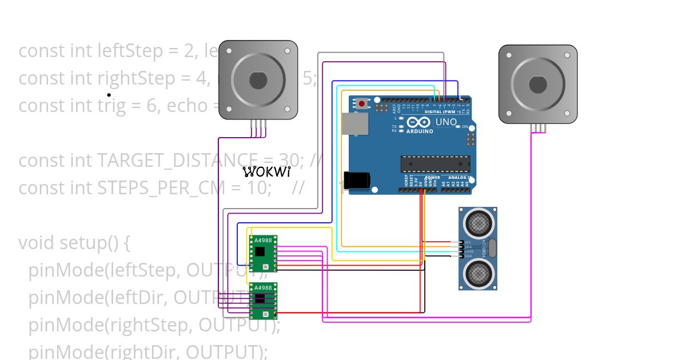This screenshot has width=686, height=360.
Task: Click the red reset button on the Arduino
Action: pos(362,104)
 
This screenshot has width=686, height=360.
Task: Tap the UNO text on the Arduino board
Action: pos(446,122)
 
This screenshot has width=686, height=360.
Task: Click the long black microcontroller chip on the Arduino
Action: pos(436,163)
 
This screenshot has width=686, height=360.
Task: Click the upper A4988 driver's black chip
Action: pos(260,251)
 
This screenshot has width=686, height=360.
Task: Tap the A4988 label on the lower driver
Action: pos(263,287)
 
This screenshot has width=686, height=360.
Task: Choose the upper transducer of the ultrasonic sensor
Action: pos(477,223)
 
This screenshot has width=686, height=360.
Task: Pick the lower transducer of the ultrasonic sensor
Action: pos(477,274)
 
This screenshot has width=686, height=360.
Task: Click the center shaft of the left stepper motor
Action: pos(258,80)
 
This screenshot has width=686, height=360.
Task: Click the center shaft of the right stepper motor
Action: pos(537,85)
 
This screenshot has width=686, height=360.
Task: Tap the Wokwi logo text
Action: pos(266,171)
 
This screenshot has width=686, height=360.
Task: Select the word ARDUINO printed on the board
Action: pos(420,131)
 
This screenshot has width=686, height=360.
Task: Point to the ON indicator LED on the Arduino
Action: pos(458,126)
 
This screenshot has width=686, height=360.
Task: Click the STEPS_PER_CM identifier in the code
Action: pos(158,188)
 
